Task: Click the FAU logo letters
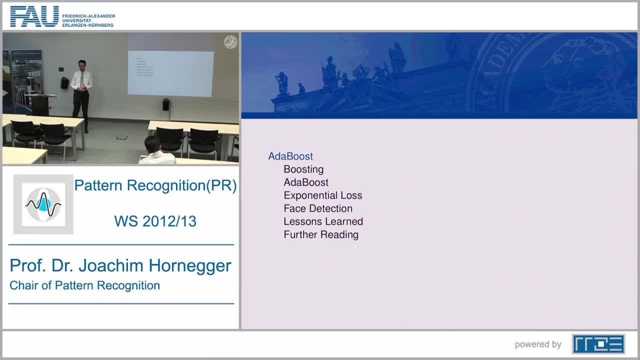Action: pos(34,16)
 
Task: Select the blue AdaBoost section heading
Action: pos(290,156)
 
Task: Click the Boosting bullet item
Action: pos(303,169)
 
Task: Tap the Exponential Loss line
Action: pos(322,195)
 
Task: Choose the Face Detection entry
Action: pos(317,208)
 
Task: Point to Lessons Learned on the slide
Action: pos(323,221)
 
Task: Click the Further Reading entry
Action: pos(320,234)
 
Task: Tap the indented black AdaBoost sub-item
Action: pos(305,182)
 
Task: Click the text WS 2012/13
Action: pos(155,221)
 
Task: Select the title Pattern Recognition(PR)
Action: pos(155,185)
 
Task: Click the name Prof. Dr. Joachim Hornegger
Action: pos(120,265)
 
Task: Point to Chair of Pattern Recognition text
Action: pos(84,285)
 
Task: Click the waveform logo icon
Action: pos(43,204)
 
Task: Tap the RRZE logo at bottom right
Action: pos(598,344)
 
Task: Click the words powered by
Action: pos(538,344)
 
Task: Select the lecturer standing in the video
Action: pos(81,92)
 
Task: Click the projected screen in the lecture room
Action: pos(170,73)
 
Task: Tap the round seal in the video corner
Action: pos(230,42)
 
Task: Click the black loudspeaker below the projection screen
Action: pos(166,104)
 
